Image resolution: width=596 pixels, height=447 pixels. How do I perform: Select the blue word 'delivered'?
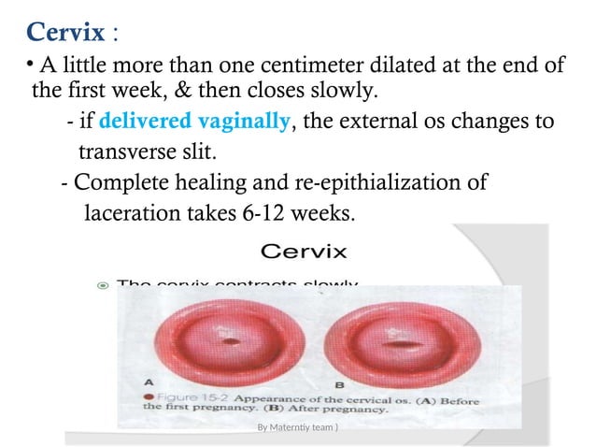point(142,122)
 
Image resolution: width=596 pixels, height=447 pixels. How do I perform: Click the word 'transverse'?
point(122,151)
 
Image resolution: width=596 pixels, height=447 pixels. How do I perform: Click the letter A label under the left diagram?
point(147,382)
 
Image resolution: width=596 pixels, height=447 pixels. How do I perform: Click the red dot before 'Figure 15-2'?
point(149,396)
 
